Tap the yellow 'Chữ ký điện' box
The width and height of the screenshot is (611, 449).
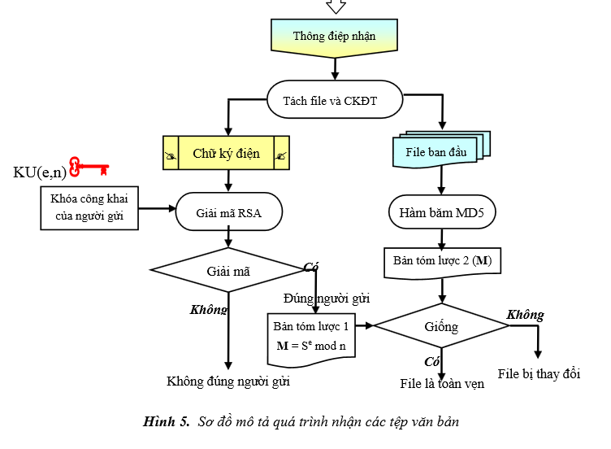tap(226, 153)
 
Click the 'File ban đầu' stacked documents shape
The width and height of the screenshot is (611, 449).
tap(440, 151)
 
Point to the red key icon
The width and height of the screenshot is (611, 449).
tap(89, 168)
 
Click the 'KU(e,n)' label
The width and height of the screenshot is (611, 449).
tap(40, 172)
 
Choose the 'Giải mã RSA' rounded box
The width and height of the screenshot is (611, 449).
tap(228, 212)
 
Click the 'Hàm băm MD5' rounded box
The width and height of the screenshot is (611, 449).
tap(441, 212)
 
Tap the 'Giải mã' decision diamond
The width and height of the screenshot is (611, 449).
tap(230, 272)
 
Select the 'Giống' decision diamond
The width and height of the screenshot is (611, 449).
tap(440, 327)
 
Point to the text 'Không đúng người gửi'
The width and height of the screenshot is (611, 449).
tap(227, 381)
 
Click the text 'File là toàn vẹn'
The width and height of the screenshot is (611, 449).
tap(442, 383)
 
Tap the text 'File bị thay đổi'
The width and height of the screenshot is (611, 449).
tap(539, 373)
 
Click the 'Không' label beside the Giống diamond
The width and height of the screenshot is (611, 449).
tap(525, 315)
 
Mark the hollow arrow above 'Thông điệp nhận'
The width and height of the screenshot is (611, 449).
tap(336, 7)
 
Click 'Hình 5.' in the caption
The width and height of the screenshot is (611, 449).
tap(166, 421)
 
